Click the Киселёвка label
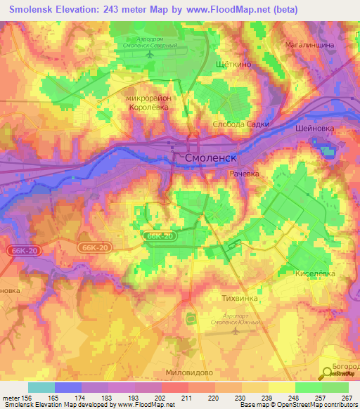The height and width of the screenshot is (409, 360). (315, 273)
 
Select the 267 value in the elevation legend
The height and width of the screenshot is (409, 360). (347, 398)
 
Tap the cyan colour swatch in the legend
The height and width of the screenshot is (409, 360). (41, 387)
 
